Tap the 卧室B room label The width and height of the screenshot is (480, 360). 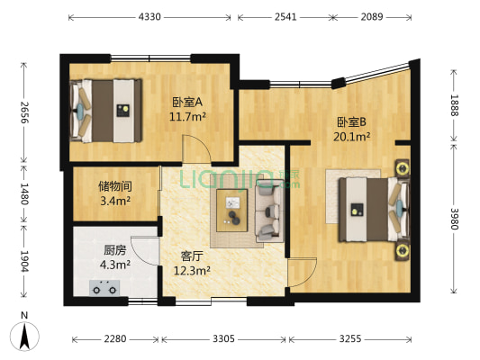point(351,122)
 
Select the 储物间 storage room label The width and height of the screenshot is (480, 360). point(115,186)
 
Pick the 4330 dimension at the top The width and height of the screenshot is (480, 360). point(149,17)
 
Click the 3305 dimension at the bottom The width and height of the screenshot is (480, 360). point(223,339)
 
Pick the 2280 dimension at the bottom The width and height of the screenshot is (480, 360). point(115,339)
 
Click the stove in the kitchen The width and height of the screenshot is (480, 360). point(104,289)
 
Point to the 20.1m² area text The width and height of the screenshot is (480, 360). point(351,138)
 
